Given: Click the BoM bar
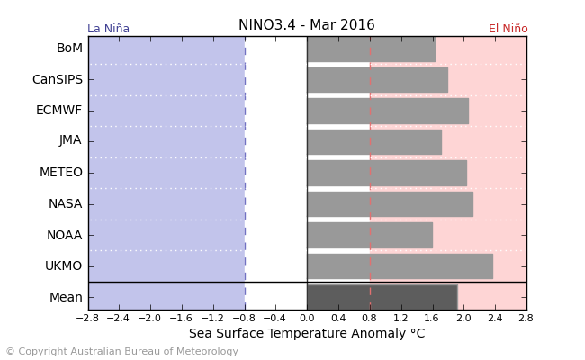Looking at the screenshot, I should (371, 49).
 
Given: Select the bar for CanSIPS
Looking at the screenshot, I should (377, 80).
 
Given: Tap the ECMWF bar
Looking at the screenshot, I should (387, 111).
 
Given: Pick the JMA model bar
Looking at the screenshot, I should (373, 141).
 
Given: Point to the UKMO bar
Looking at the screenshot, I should (400, 265).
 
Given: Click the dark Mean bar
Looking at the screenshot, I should (382, 297).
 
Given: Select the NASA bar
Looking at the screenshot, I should (390, 203).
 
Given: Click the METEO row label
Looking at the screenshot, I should (61, 173).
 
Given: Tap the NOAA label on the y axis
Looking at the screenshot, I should (64, 235).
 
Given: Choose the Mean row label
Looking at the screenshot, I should (66, 297).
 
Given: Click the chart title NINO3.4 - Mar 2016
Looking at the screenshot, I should (306, 25).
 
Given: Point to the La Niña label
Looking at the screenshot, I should (108, 29).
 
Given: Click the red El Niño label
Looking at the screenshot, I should (508, 29).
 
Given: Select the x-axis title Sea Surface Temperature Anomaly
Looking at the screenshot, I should (306, 334).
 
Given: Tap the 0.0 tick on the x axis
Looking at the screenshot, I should (307, 318).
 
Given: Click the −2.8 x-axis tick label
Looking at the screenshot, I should (87, 318).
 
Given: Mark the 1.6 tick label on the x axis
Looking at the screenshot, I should (432, 318).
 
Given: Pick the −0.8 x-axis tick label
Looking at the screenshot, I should (243, 318).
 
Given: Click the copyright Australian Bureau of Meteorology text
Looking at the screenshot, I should (121, 352).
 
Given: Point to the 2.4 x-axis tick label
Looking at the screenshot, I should (495, 318).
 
